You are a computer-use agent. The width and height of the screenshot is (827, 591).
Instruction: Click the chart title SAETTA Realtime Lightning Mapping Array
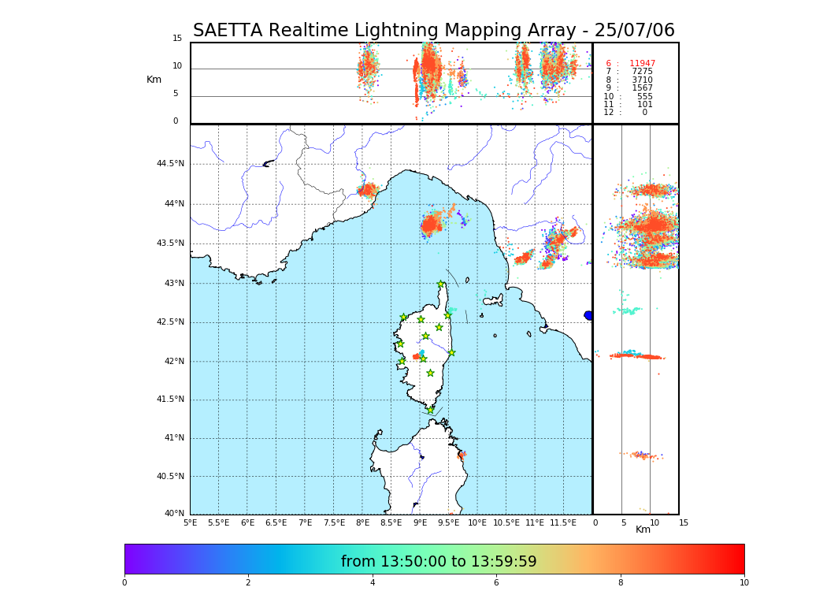click(x=433, y=31)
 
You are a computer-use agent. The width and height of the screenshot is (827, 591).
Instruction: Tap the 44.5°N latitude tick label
click(x=169, y=164)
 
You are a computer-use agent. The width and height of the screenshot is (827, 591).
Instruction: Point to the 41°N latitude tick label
click(x=172, y=438)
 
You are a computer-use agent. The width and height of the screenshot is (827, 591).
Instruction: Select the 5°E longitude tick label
click(x=191, y=522)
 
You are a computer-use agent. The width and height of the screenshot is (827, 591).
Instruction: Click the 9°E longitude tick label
click(x=420, y=522)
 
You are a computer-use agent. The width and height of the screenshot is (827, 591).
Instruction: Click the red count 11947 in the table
click(x=642, y=64)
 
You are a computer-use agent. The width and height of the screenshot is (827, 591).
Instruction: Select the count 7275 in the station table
click(x=642, y=72)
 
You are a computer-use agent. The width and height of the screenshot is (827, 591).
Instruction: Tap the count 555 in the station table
click(x=644, y=96)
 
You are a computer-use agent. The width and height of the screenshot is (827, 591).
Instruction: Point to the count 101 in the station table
click(x=644, y=105)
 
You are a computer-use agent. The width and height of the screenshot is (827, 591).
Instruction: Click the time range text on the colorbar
click(x=439, y=561)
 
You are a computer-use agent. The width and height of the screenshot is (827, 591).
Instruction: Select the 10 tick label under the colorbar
click(x=744, y=583)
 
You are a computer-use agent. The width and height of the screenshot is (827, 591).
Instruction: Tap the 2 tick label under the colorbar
click(x=248, y=583)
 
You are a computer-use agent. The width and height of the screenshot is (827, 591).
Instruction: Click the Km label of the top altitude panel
click(x=154, y=80)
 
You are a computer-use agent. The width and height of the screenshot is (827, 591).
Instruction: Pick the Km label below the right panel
click(x=643, y=530)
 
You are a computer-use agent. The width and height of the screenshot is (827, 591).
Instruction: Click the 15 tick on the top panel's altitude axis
click(x=177, y=39)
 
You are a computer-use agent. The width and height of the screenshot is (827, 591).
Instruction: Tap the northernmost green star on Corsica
click(x=441, y=284)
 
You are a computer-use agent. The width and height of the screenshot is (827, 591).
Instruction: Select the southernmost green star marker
click(x=430, y=410)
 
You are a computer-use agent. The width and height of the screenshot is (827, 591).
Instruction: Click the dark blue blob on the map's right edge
click(x=588, y=315)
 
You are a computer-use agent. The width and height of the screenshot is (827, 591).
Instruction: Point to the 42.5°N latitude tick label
click(x=169, y=322)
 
